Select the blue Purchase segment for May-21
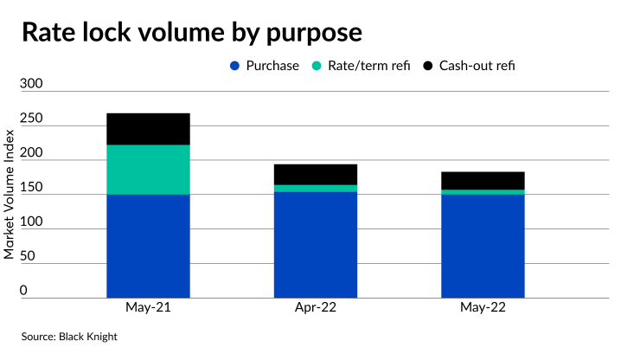pyautogui.click(x=148, y=246)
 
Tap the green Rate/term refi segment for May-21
pyautogui.click(x=148, y=169)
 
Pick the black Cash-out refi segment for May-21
pyautogui.click(x=148, y=128)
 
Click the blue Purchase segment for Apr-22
pyautogui.click(x=316, y=244)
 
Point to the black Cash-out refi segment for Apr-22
pyautogui.click(x=316, y=174)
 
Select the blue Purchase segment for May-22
pyautogui.click(x=483, y=246)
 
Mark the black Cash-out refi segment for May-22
pyautogui.click(x=483, y=180)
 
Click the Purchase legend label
pyautogui.click(x=272, y=66)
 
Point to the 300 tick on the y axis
pyautogui.click(x=31, y=84)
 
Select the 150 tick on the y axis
pyautogui.click(x=31, y=186)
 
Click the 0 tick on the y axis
pyautogui.click(x=36, y=290)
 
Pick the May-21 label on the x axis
pyautogui.click(x=148, y=309)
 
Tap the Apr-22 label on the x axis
pyautogui.click(x=316, y=309)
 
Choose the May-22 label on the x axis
pyautogui.click(x=483, y=309)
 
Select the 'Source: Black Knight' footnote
pyautogui.click(x=69, y=337)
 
